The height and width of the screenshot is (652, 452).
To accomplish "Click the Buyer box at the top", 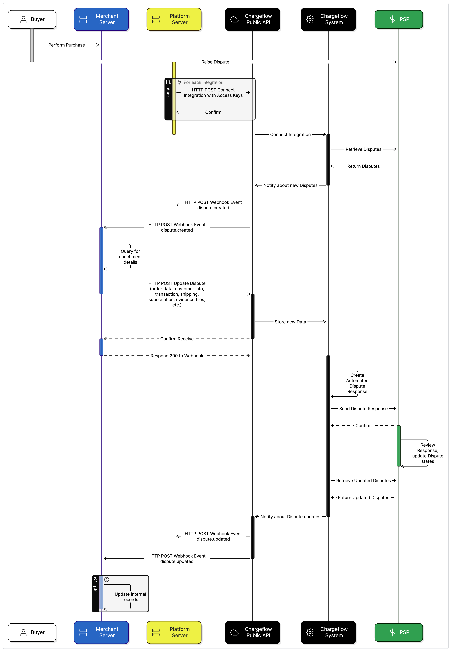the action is point(32,19).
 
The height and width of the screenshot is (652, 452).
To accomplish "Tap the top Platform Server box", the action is point(174,19).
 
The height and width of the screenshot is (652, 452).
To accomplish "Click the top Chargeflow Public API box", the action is point(253,19).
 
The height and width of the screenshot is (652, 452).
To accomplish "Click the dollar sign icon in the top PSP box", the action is point(392,19).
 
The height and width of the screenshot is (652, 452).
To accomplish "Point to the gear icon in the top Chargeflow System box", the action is point(310,19).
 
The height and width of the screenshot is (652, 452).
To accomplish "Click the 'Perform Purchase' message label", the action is point(67,45).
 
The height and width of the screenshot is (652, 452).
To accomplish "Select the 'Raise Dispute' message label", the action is point(215,62).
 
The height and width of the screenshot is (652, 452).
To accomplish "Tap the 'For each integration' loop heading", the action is point(203,83).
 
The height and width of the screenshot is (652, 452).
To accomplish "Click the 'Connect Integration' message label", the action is point(290,135).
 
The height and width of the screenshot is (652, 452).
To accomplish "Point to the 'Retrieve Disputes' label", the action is point(363,149).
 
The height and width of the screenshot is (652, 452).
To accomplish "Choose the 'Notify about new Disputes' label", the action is point(290,185).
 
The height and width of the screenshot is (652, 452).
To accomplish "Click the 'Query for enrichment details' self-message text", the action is point(130,257).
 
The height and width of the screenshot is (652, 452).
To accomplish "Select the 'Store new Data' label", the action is point(290,322).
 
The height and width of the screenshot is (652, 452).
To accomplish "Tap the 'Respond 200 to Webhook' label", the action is point(177,356).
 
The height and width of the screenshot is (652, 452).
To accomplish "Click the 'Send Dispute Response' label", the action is point(363,409).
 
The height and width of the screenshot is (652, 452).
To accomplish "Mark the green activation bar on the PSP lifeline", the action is point(399,446).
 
